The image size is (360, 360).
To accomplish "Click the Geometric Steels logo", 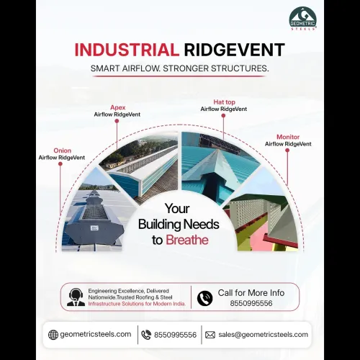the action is coord(303,19).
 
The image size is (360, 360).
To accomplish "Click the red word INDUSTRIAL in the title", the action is coord(127,50).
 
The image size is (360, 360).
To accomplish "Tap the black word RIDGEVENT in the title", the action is coord(234,50).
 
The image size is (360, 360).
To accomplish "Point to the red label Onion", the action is coord(63,150).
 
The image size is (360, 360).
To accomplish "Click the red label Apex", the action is coord(118,107).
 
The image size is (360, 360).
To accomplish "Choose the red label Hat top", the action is coord(224,102).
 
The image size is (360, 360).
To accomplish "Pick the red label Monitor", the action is coord(288,137).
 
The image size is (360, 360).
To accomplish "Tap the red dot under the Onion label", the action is coord(60,164).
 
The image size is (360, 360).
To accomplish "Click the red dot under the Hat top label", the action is coord(223,116).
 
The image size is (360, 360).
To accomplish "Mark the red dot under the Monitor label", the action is coord(287,150).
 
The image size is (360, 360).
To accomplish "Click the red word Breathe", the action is coord(187,240).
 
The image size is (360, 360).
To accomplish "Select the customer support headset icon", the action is coord(76,297).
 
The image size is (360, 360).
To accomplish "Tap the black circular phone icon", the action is coord(204,298).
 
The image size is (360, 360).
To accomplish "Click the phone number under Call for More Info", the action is coord(251,303).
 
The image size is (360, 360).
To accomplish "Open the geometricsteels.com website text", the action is coord(96,334).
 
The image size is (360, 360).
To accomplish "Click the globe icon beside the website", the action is coord(53,335).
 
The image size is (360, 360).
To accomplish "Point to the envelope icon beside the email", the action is coord(210,335).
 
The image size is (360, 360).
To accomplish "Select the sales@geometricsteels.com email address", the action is coord(263,335).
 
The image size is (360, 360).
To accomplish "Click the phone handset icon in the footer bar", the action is coord(146,335).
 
